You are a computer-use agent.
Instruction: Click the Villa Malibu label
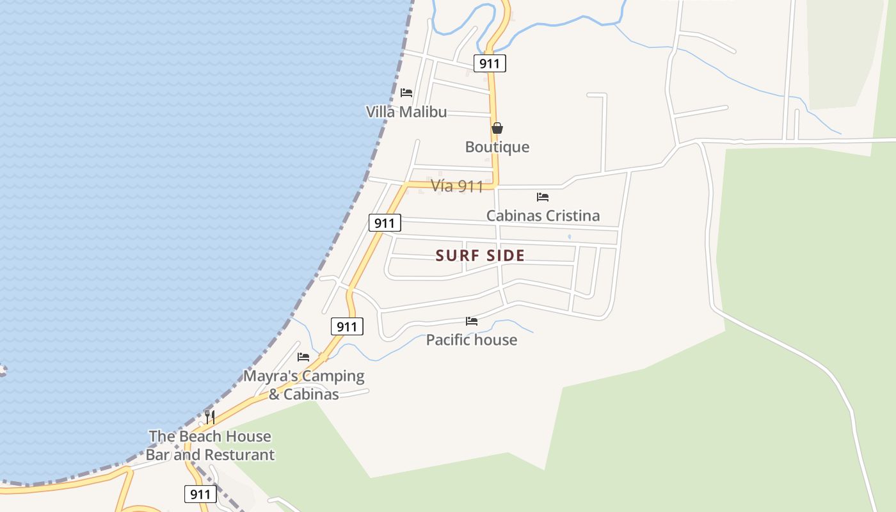point(406,112)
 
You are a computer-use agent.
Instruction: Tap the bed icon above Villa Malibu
point(406,93)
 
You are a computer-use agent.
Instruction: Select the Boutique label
point(497,147)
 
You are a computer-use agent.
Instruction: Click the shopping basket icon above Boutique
point(497,128)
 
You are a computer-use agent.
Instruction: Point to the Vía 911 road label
point(457,186)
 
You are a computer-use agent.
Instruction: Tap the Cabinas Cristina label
point(543,216)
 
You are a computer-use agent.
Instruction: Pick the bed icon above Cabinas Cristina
point(543,197)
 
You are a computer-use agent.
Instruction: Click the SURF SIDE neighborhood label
point(480,256)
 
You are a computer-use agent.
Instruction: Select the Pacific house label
point(472,340)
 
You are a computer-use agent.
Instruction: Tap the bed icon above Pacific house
point(472,321)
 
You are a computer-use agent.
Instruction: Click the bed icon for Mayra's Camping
point(303,357)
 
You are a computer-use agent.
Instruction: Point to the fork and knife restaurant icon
point(209,417)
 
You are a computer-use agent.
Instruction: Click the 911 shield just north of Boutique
point(490,63)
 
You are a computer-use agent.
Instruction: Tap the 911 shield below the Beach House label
point(200,494)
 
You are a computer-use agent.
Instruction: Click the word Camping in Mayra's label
point(333,376)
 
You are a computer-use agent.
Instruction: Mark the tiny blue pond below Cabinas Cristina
point(569,237)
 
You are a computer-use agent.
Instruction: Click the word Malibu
point(422,112)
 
